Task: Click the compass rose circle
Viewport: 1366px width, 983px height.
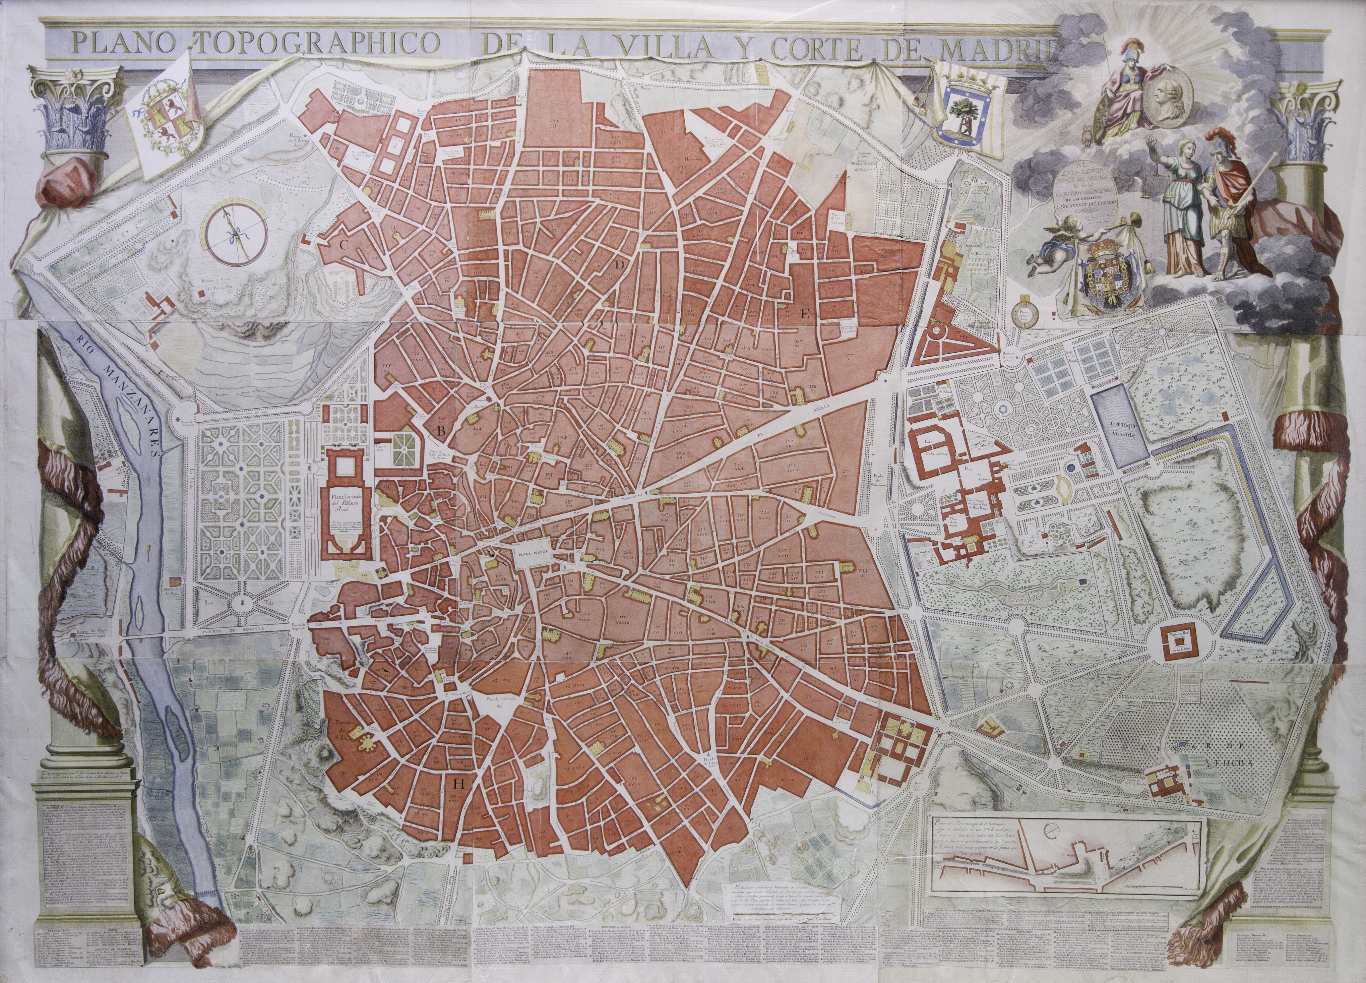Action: click(x=234, y=234)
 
